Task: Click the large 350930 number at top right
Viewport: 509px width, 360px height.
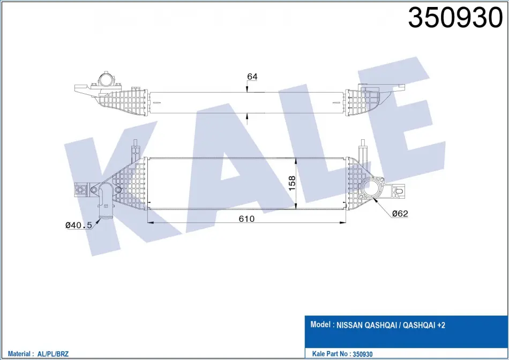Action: tap(455, 18)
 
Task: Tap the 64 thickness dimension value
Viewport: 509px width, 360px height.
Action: tap(252, 77)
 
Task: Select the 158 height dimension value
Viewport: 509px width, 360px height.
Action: tap(292, 183)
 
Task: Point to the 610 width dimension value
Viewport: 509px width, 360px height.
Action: tap(246, 219)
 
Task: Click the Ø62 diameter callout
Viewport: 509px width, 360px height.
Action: tap(400, 214)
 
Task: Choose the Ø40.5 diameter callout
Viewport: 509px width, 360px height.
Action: tap(79, 224)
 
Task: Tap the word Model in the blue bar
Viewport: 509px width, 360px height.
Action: tap(320, 325)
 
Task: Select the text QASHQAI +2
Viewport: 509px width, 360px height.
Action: tap(424, 325)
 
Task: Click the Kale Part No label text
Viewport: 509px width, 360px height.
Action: tap(331, 354)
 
